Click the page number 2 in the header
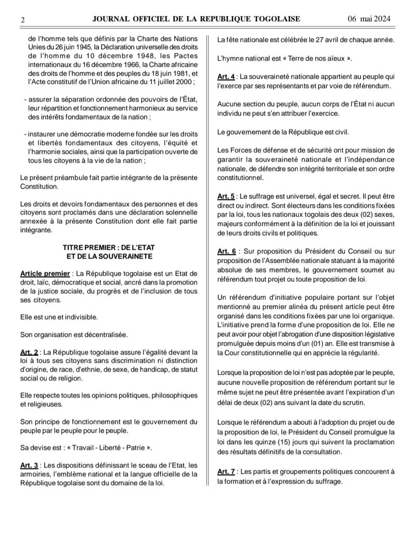point(23,20)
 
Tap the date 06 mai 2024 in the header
point(369,19)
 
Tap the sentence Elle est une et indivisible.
point(59,317)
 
